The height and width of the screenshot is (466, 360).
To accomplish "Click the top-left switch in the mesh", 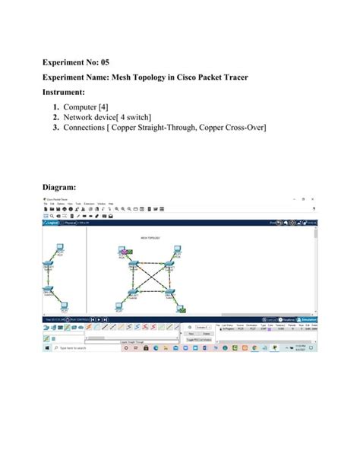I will tap(134, 265).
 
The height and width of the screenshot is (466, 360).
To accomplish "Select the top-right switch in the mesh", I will tap(172, 265).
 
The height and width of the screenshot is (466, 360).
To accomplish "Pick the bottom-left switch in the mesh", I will tap(134, 292).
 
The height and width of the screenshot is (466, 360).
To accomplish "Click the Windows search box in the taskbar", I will tap(76, 347).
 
